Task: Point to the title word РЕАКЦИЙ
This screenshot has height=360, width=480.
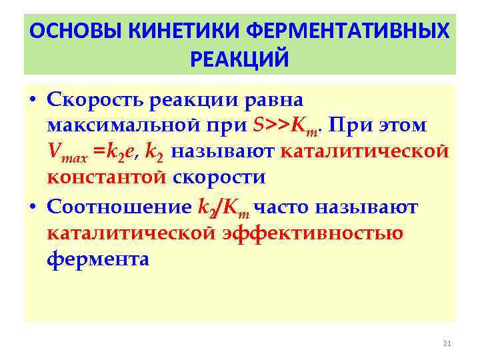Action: [239, 59]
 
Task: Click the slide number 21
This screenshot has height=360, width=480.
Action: [447, 343]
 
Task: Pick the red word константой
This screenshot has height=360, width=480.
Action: [107, 178]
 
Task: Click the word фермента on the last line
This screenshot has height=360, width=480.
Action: [98, 259]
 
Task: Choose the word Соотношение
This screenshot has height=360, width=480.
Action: [119, 208]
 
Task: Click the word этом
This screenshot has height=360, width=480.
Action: [403, 125]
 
